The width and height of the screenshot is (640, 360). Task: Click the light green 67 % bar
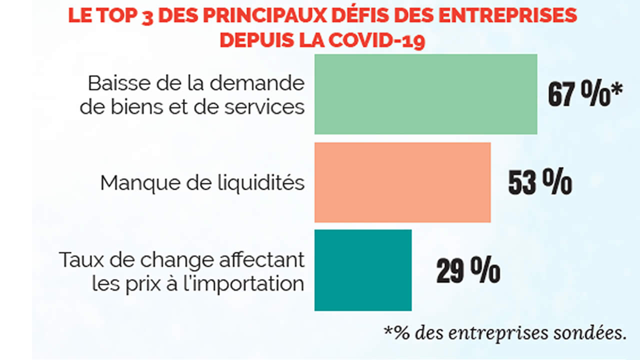click(x=425, y=94)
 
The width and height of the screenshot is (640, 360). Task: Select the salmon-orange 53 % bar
click(x=402, y=182)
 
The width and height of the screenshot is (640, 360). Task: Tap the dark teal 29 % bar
click(x=363, y=270)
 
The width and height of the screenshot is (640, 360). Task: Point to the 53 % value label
click(x=540, y=183)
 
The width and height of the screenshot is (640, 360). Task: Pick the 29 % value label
click(x=468, y=271)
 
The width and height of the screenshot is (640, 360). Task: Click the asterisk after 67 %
click(x=618, y=90)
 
